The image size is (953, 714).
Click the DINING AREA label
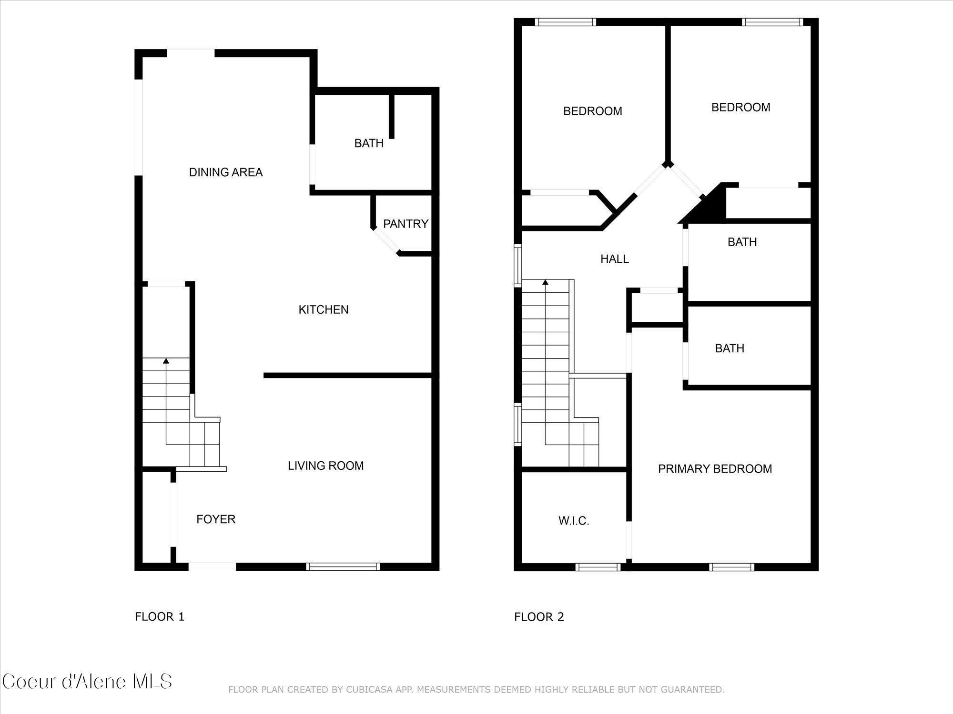[226, 172]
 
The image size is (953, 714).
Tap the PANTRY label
[406, 224]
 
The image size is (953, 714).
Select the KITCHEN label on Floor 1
[324, 310]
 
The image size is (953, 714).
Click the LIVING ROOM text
[325, 466]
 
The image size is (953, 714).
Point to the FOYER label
[216, 519]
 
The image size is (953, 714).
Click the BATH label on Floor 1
[369, 143]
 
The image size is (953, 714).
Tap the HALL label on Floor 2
[614, 259]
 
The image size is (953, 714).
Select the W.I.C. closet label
[574, 521]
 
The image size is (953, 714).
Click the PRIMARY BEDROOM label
[715, 469]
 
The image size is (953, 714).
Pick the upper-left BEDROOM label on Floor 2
[592, 111]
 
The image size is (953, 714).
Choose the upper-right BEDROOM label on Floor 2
[740, 108]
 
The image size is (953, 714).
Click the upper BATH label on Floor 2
[742, 242]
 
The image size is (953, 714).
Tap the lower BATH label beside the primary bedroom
[730, 348]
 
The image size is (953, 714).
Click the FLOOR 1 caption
[160, 617]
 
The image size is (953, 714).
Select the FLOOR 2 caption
[539, 617]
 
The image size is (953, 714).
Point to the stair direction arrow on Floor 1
[166, 361]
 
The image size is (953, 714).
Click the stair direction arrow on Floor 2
[545, 282]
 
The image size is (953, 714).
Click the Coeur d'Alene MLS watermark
[87, 682]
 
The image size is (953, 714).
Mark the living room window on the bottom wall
[343, 566]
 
